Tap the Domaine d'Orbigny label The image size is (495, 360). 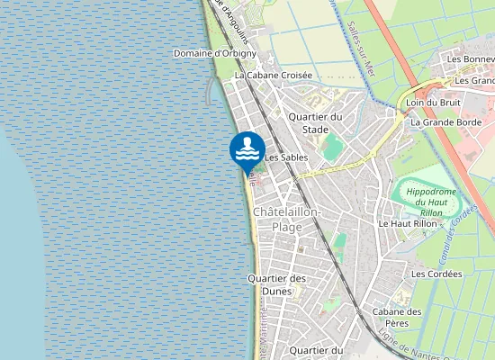tap(215, 53)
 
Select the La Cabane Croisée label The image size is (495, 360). tap(273, 76)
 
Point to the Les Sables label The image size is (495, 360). tap(286, 157)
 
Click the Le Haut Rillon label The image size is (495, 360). tap(406, 223)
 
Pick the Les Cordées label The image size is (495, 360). tap(429, 273)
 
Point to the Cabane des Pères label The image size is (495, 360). tap(398, 317)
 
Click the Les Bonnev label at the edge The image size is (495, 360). tap(471, 58)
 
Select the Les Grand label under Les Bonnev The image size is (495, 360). tap(474, 80)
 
